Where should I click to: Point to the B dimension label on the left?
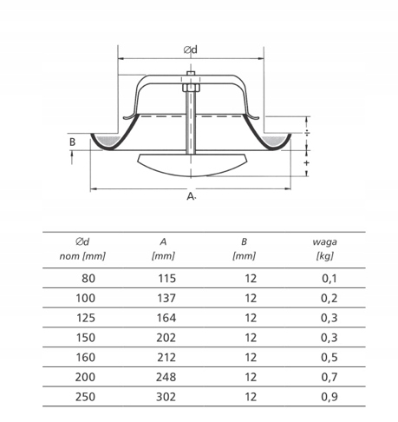tap(73, 141)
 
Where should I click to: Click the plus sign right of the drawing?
tap(307, 162)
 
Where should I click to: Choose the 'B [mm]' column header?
tap(245, 249)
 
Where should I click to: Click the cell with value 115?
tap(165, 278)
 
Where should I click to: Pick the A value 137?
tap(165, 297)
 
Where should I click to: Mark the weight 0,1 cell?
tap(327, 278)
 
